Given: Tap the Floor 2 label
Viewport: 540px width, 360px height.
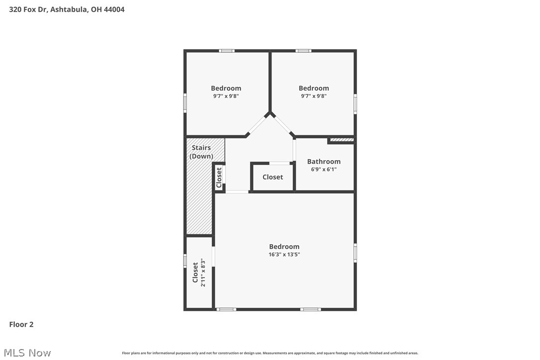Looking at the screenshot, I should (21, 325).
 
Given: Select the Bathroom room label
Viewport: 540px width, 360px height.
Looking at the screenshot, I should (324, 161).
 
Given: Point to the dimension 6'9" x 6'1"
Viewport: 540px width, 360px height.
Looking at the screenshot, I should (324, 169).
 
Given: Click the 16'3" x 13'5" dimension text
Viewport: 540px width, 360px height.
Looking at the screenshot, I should (284, 254).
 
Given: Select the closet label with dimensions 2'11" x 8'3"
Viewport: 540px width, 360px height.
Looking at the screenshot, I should (199, 272).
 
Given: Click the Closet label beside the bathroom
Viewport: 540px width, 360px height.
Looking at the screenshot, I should (272, 177).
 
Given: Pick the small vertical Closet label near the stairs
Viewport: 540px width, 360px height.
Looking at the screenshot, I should (219, 177).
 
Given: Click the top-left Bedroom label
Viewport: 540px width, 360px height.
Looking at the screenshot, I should (226, 88).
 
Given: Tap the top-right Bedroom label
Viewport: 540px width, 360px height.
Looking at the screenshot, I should (314, 88).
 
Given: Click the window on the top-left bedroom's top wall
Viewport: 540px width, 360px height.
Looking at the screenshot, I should (227, 51).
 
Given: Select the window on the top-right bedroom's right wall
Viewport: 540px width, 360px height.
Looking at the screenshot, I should (355, 104).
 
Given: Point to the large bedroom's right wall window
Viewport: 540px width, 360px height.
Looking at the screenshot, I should (355, 252).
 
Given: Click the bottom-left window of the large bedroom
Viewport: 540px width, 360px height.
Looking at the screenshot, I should (226, 309).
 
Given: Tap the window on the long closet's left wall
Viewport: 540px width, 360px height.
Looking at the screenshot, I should (185, 261).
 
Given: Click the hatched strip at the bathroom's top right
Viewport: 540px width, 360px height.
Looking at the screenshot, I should (342, 140).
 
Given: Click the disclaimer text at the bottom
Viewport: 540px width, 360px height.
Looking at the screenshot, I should (270, 353).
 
